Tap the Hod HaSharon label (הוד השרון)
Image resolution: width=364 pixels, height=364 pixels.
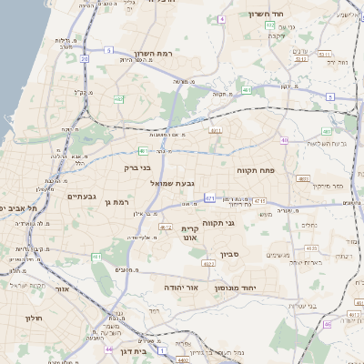[x=265, y=15]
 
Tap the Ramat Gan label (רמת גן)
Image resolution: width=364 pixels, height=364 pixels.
[x=118, y=202]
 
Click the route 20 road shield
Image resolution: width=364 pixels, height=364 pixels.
[x=84, y=59]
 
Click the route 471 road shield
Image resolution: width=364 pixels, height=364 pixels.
[x=210, y=197]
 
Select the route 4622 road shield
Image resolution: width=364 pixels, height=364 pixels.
[x=208, y=264]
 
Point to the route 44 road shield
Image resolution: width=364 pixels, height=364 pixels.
[x=108, y=349]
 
